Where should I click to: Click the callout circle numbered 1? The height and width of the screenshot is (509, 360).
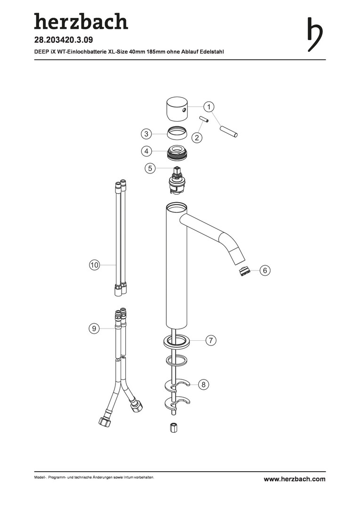(209, 107)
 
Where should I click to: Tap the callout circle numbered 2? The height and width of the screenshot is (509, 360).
(196, 138)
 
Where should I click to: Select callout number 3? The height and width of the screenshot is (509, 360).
(147, 134)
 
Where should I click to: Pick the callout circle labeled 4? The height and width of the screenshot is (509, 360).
(147, 151)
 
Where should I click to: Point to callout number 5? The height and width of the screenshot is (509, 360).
(150, 168)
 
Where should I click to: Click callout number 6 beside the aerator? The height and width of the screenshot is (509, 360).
(265, 270)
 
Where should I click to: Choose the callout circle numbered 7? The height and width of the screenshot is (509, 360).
(211, 340)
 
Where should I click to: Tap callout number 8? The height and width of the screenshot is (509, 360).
(204, 385)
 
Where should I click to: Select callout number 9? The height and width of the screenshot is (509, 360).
(94, 328)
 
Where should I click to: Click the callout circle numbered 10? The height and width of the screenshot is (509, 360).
(94, 265)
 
